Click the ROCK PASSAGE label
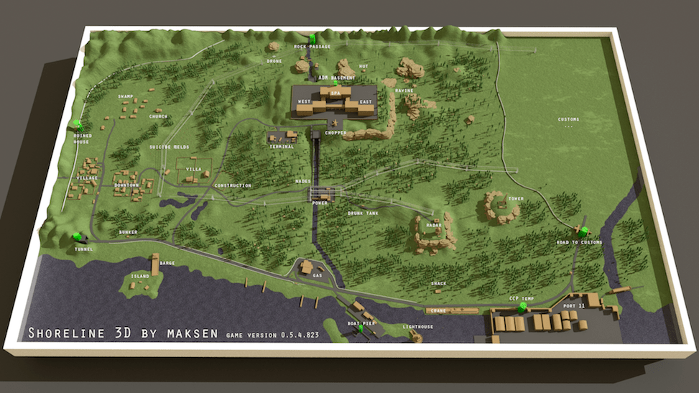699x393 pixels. click(313, 47)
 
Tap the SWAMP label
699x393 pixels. click(126, 96)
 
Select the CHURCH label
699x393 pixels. click(158, 116)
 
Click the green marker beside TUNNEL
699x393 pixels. click(77, 236)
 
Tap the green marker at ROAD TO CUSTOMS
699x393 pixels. click(584, 231)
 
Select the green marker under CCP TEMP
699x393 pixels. click(522, 308)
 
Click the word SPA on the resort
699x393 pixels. click(335, 93)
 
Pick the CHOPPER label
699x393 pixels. click(335, 133)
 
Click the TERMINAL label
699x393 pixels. click(282, 147)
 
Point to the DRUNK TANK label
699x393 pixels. click(363, 213)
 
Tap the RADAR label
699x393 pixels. click(433, 224)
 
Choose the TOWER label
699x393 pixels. click(515, 198)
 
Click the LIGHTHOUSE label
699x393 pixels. click(417, 327)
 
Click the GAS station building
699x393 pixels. click(307, 267)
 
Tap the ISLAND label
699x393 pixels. click(140, 276)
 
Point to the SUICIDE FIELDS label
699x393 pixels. click(169, 147)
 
